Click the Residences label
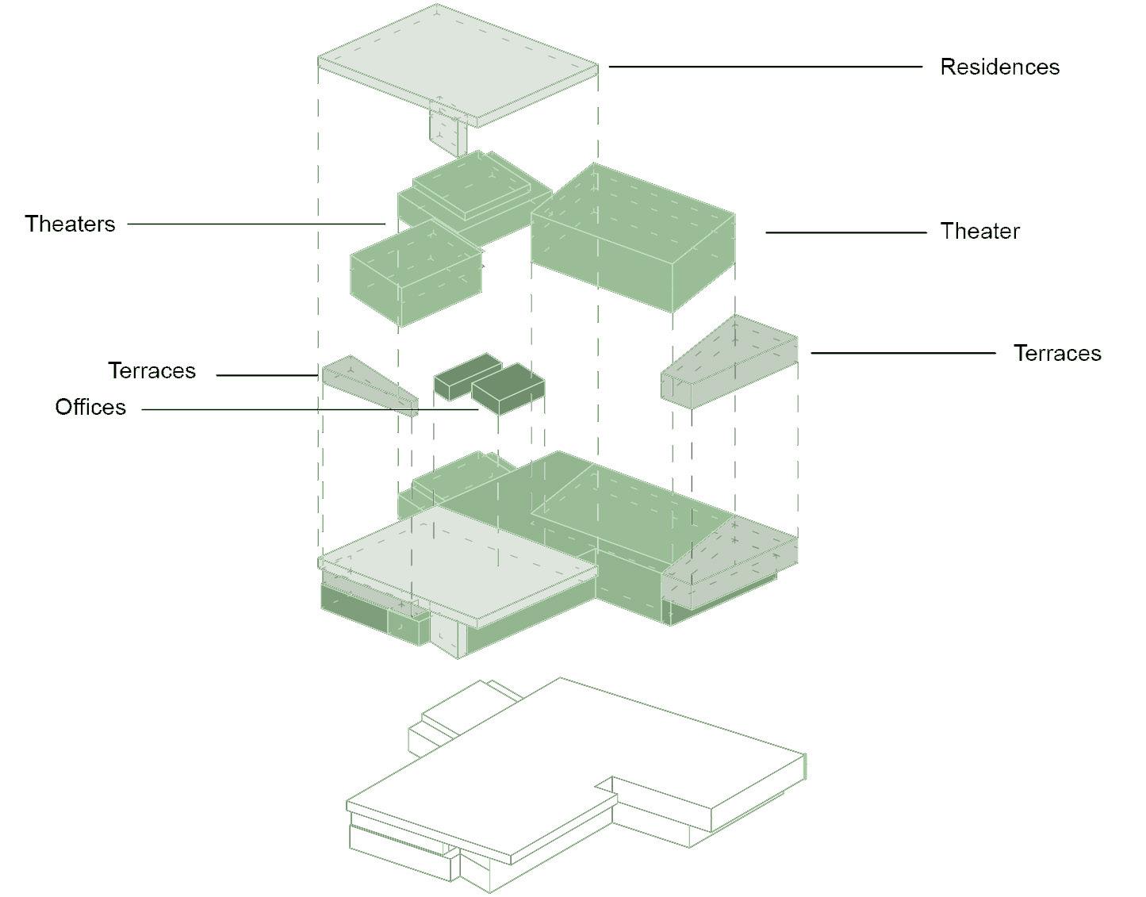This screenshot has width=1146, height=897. click(x=999, y=67)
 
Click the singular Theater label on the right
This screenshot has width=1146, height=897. click(x=979, y=232)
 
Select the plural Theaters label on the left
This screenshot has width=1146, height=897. click(x=70, y=224)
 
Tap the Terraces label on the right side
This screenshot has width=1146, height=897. click(x=1057, y=353)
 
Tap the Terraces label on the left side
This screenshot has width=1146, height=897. click(x=151, y=370)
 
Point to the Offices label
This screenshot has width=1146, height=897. click(x=90, y=407)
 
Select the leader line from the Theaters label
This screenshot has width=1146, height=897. click(x=254, y=224)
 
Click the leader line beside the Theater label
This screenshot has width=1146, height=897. click(x=845, y=232)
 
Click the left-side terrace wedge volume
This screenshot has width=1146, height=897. click(x=369, y=385)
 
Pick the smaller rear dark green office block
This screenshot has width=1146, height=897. click(x=466, y=374)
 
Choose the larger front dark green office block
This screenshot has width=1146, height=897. click(x=508, y=389)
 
